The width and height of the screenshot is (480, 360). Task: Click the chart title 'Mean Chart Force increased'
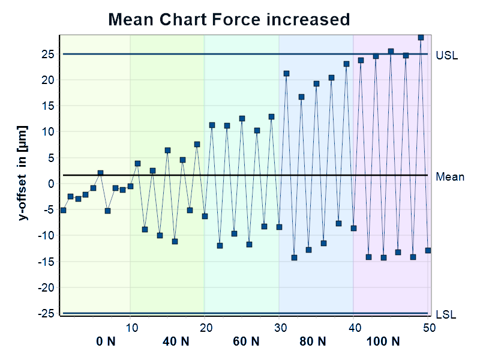point(229,19)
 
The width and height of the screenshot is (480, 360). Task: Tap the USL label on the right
point(446,55)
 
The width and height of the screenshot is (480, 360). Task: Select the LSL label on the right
point(446,314)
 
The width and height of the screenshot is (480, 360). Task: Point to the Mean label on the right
point(449,177)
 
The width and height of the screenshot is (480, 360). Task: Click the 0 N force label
point(106,342)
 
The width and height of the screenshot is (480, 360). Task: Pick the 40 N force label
point(176,342)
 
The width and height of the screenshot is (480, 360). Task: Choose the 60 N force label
point(246,342)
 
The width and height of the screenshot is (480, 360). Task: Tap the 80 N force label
point(313,342)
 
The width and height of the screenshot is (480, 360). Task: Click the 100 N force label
point(383,342)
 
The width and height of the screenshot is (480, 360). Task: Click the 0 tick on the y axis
point(52,184)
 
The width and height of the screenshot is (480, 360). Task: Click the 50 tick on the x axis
point(428,327)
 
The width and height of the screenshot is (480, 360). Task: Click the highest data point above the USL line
point(421,37)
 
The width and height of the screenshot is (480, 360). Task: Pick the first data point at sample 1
point(63,210)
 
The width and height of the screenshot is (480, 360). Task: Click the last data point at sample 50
point(428,250)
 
